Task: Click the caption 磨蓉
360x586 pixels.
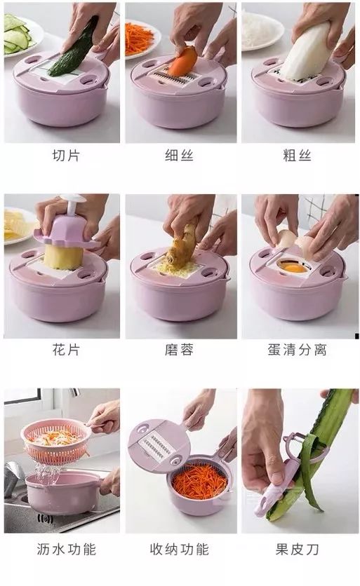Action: click(180, 349)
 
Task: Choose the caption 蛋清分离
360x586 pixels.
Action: click(299, 349)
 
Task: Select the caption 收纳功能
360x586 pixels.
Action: click(180, 547)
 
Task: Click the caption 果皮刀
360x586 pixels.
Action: click(299, 547)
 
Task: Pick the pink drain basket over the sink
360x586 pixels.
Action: click(56, 442)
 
